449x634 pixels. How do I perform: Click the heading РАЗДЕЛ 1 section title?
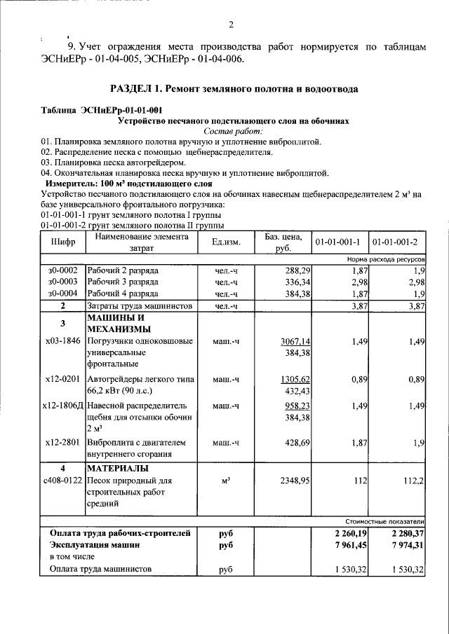click(x=234, y=89)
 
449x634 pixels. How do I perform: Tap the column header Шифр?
click(x=62, y=242)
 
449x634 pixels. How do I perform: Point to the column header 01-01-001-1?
click(x=337, y=242)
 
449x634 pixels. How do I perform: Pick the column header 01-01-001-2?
click(x=395, y=242)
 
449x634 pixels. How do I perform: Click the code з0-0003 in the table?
click(x=62, y=282)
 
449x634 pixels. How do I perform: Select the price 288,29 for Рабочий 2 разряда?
click(x=295, y=270)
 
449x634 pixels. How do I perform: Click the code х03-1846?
click(x=62, y=341)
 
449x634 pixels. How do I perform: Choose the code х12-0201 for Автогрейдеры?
click(x=62, y=379)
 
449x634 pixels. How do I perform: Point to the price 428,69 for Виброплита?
click(x=295, y=443)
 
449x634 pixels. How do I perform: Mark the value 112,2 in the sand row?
click(x=412, y=481)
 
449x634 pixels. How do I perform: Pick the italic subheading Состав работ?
click(x=233, y=131)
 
